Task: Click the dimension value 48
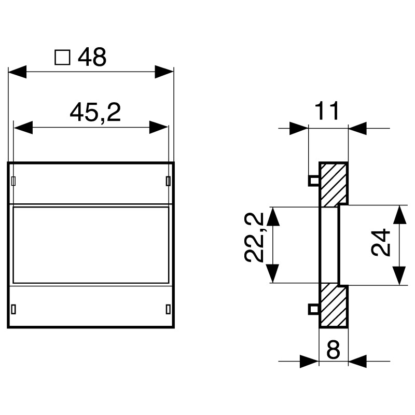click(x=92, y=58)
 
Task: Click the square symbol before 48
click(x=62, y=58)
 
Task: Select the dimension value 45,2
click(x=95, y=112)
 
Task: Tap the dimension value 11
click(x=328, y=111)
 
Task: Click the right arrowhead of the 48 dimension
click(x=164, y=72)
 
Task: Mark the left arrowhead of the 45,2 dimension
click(x=23, y=127)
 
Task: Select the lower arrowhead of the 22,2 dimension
click(x=273, y=273)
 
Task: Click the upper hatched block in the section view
click(x=333, y=184)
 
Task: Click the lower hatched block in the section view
click(x=333, y=305)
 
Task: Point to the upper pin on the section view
click(x=313, y=181)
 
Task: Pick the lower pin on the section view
click(x=313, y=309)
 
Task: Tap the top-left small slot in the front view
click(x=13, y=181)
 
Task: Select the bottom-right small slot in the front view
click(x=168, y=309)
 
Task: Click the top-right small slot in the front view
click(x=168, y=181)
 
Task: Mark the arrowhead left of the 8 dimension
click(x=308, y=361)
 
